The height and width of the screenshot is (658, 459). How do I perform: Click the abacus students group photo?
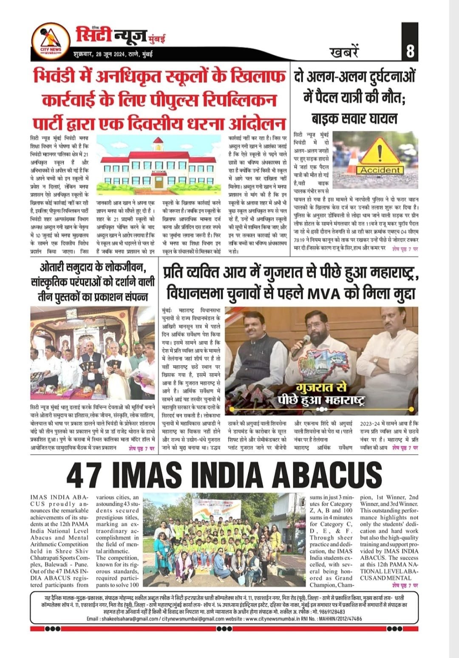click(226, 540)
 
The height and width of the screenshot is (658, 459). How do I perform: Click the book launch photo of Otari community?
click(92, 354)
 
